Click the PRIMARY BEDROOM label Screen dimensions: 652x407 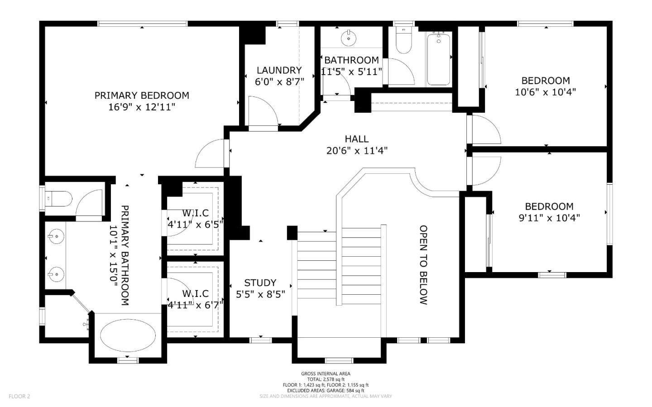click(x=142, y=96)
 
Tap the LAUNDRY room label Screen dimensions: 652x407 click(x=279, y=71)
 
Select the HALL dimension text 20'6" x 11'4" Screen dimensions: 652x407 click(x=357, y=151)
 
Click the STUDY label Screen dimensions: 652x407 click(x=260, y=283)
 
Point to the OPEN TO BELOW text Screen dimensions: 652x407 click(x=423, y=265)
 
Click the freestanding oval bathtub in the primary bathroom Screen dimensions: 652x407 click(x=128, y=335)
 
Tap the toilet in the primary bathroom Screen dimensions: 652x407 click(x=59, y=199)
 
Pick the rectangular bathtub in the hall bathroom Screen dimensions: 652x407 click(x=439, y=59)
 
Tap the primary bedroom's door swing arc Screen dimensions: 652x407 click(x=210, y=153)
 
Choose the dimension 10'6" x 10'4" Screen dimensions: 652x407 click(x=546, y=92)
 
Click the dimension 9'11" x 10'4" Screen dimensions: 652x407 click(x=549, y=218)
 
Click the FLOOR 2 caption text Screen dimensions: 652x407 click(x=19, y=396)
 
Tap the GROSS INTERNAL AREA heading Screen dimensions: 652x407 click(x=326, y=373)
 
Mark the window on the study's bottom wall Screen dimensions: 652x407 click(x=260, y=340)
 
